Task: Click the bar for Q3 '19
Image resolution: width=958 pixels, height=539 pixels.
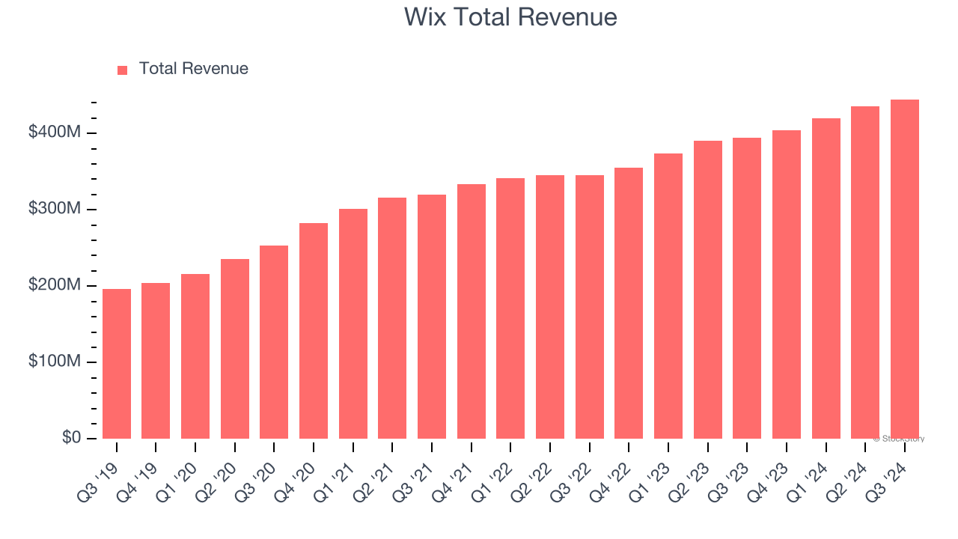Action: click(x=117, y=364)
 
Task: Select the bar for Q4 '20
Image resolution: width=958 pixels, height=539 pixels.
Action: click(x=314, y=331)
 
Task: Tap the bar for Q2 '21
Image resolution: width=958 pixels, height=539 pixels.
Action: click(x=392, y=318)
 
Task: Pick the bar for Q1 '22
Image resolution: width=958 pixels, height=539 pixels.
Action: click(x=510, y=308)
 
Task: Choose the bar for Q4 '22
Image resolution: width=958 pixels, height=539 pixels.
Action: click(x=629, y=303)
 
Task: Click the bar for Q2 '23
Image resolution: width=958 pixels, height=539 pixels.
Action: click(x=707, y=290)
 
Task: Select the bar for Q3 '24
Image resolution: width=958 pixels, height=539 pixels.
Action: click(x=904, y=269)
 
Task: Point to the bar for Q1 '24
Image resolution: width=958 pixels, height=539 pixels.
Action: click(x=826, y=278)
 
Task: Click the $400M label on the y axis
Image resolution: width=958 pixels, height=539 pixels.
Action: click(x=55, y=133)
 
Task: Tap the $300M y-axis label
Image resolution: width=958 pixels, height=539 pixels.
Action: click(x=55, y=209)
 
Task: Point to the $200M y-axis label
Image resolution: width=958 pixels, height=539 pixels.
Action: click(x=55, y=285)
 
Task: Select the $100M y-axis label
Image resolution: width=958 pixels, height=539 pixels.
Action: click(x=55, y=362)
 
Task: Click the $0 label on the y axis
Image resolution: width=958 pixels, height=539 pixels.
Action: click(x=72, y=438)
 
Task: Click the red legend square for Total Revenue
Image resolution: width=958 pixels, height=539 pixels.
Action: click(x=123, y=70)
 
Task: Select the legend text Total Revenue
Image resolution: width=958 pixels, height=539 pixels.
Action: click(x=193, y=69)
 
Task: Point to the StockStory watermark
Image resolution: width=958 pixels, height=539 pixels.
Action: click(x=899, y=439)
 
